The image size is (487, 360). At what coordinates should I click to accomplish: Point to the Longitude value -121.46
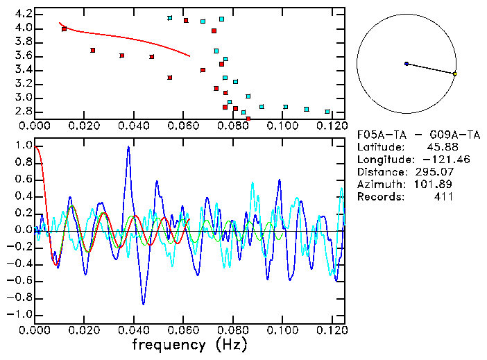pyautogui.click(x=436, y=160)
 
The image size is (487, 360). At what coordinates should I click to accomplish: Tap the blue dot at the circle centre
pyautogui.click(x=406, y=64)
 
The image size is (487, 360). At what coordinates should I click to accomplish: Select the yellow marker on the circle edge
pyautogui.click(x=454, y=74)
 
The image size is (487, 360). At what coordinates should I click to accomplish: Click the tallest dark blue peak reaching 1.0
pyautogui.click(x=128, y=147)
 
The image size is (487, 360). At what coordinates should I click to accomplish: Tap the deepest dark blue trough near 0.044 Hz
pyautogui.click(x=144, y=303)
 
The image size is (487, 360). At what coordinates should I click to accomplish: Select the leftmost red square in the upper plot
pyautogui.click(x=65, y=29)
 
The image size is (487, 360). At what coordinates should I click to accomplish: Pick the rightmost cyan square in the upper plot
pyautogui.click(x=327, y=111)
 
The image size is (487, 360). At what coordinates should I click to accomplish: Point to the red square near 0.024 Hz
pyautogui.click(x=93, y=50)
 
